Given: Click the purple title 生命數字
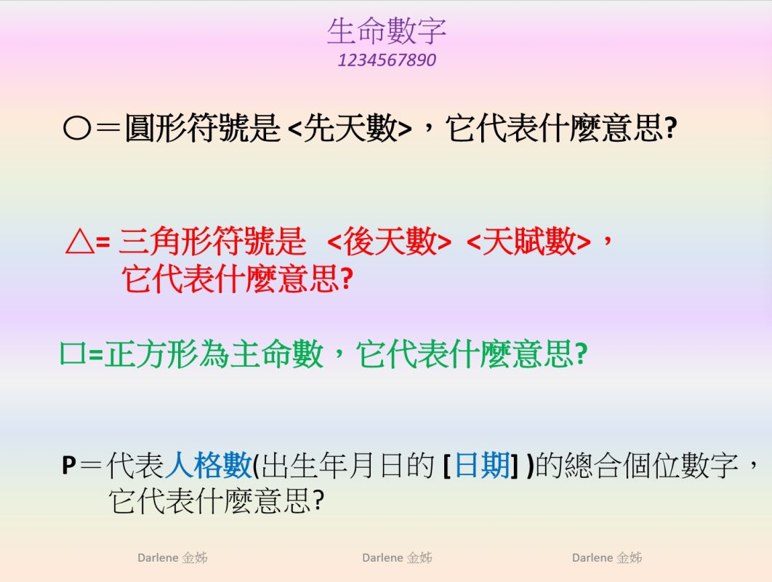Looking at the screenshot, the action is tap(387, 31).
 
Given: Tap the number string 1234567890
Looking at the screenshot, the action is tap(387, 60).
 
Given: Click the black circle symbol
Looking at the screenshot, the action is tap(77, 129).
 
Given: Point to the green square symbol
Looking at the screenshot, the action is tap(73, 353).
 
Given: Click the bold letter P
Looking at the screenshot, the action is tap(69, 465).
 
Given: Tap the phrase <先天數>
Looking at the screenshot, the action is tap(349, 128).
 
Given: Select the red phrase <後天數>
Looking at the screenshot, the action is tap(389, 241).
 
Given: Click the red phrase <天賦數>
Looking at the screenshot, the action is tap(528, 241).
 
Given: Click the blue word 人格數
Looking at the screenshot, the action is tap(208, 465).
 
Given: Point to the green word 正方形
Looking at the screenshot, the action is tap(152, 354).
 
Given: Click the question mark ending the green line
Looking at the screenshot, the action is tap(582, 354).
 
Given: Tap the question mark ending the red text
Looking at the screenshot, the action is tap(347, 279).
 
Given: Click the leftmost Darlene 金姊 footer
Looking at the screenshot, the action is tap(172, 558).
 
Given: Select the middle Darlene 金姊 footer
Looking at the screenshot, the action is tap(397, 558).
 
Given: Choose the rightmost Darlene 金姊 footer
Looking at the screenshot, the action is tap(607, 558).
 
